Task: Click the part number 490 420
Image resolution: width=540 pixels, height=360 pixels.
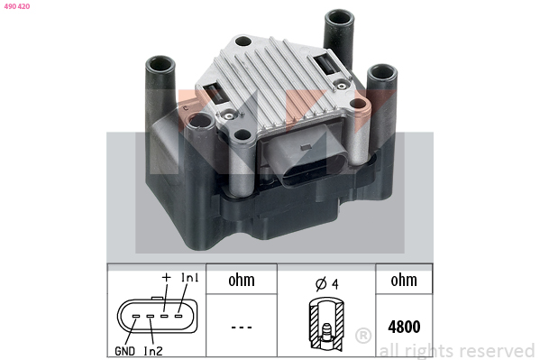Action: [17, 6]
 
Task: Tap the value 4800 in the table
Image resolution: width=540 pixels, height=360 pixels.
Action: [404, 327]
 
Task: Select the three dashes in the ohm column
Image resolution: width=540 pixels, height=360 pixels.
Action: [242, 327]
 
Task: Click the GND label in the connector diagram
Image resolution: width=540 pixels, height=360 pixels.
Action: [124, 351]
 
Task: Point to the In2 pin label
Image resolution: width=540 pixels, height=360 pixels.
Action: [153, 351]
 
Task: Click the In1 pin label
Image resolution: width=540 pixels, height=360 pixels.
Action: [189, 278]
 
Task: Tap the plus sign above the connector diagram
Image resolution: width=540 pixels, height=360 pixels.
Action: [167, 277]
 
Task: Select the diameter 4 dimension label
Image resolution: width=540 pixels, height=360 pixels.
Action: [327, 283]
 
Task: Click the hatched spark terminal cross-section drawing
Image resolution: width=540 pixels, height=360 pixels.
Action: [326, 323]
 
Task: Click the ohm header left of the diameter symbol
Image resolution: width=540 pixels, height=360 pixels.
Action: [242, 280]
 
